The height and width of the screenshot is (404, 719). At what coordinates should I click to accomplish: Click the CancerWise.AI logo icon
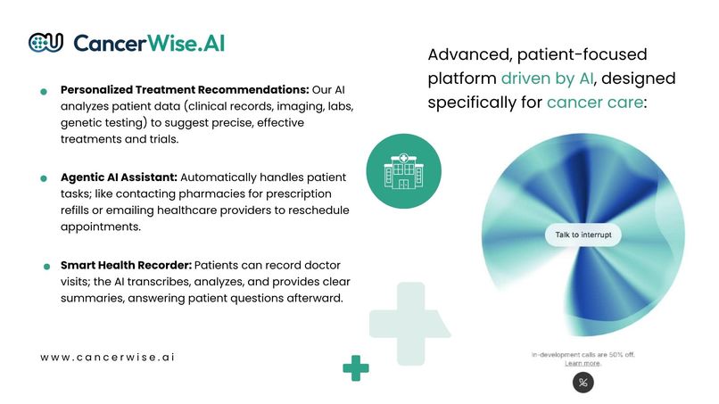(x=45, y=42)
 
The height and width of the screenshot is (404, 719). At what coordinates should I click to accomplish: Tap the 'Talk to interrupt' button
(x=583, y=235)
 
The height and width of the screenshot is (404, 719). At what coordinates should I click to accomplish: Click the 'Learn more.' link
(x=583, y=364)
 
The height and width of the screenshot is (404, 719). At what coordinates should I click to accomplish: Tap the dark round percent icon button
(x=583, y=383)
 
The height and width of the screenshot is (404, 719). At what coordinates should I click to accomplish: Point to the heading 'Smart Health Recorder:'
(x=126, y=265)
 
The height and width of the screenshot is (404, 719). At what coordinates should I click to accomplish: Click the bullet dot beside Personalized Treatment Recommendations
(x=44, y=92)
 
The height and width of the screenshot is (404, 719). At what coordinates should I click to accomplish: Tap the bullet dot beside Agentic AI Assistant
(x=44, y=178)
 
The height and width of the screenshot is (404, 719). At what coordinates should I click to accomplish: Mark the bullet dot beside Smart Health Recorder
(x=44, y=266)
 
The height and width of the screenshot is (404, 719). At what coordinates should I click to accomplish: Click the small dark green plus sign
(x=356, y=367)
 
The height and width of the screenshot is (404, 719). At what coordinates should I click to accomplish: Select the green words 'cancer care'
(x=593, y=103)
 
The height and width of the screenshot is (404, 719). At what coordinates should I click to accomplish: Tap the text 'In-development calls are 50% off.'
(x=583, y=355)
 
